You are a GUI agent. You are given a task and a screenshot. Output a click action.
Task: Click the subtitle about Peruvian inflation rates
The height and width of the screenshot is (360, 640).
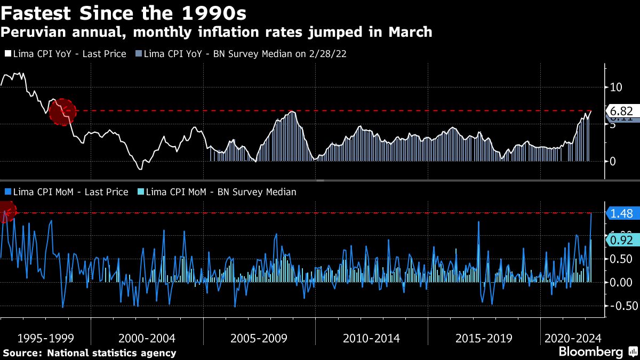216,32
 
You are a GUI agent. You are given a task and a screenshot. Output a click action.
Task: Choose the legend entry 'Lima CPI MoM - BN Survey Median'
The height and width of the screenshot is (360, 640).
217,191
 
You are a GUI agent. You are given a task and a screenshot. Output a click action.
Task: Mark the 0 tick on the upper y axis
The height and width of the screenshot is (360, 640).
613,161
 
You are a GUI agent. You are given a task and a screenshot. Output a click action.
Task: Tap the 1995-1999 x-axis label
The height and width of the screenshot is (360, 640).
45,339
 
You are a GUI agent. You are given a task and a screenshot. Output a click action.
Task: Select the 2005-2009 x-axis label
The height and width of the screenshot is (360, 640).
259,339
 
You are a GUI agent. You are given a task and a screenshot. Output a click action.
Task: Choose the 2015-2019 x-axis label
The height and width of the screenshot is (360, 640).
484,339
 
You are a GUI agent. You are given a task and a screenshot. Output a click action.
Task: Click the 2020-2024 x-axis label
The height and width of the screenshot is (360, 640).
573,339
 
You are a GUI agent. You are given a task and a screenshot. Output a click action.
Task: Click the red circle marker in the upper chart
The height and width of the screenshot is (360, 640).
62,112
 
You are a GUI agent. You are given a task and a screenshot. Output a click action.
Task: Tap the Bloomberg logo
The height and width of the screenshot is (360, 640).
590,352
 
